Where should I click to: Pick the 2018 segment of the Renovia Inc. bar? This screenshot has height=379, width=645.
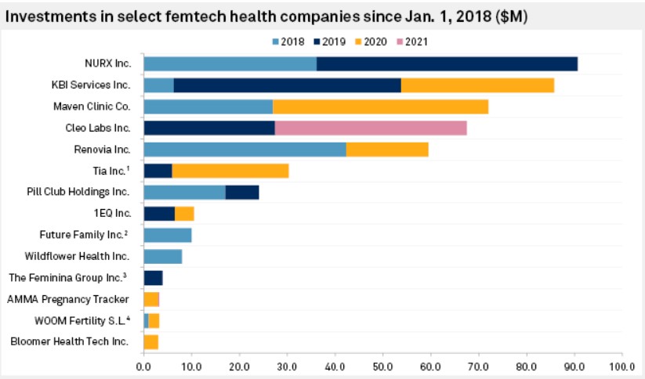pos(245,150)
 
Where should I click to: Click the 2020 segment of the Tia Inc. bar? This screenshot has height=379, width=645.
pos(230,171)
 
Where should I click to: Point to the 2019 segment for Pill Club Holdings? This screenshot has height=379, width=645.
pos(241,192)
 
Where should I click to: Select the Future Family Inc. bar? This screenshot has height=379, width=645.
pos(167,234)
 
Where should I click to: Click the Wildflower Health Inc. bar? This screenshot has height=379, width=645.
pos(162,256)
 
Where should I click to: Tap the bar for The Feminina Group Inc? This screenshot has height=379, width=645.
pos(153,277)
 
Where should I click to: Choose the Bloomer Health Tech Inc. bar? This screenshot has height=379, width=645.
pos(150,341)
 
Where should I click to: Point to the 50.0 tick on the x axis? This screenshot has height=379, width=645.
pos(382,365)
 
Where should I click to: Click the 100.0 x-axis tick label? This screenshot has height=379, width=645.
pos(621,365)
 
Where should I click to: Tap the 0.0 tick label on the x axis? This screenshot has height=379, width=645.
pos(143,365)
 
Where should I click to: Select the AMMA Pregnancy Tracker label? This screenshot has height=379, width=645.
pos(68,298)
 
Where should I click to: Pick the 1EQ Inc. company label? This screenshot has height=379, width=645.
pos(110,213)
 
